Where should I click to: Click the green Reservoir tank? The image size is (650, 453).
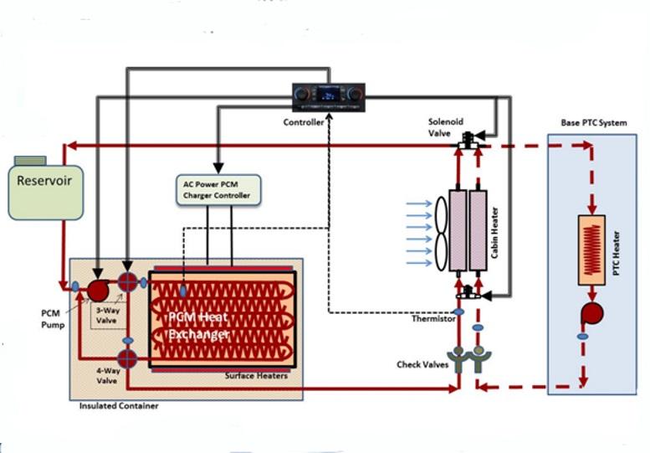[x=46, y=189]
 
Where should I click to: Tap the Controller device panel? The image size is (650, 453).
[x=329, y=97]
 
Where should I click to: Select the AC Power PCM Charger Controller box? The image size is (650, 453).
[x=217, y=190]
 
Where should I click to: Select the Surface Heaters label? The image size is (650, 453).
[x=257, y=376]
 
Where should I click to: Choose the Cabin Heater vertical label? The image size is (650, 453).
[x=496, y=231]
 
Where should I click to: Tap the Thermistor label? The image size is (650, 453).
[x=434, y=317]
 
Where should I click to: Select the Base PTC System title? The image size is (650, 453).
[x=593, y=123]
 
